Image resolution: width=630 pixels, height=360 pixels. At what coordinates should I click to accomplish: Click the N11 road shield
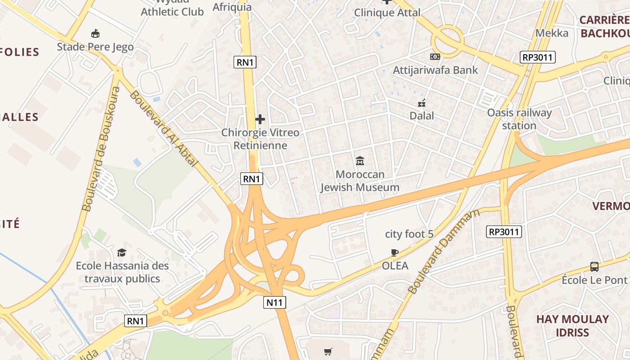point(274,302)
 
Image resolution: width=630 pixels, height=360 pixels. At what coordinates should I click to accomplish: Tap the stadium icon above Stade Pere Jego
point(95,33)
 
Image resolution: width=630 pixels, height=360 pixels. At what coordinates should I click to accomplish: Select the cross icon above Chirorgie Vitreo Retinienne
point(260,119)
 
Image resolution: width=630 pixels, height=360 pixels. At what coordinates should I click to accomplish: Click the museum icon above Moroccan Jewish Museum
point(360,161)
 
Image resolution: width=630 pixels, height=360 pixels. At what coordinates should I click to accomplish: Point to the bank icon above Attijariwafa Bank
point(435,57)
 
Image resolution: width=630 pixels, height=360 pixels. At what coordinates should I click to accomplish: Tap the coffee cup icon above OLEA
point(395,252)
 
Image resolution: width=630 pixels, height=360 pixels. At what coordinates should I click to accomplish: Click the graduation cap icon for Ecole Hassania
point(121,252)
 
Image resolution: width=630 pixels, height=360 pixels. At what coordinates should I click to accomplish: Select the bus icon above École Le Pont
point(594,266)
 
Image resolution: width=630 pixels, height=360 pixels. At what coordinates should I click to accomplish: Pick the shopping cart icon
point(328,351)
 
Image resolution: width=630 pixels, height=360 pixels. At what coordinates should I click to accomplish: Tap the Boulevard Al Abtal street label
point(164,128)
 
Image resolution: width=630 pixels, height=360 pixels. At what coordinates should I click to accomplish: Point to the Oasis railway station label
point(519,119)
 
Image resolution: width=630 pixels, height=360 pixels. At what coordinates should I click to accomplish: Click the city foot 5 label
point(409,234)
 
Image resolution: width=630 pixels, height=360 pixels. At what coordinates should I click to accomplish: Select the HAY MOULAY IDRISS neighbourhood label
point(572,326)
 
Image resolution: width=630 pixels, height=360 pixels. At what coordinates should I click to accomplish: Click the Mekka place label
point(552,33)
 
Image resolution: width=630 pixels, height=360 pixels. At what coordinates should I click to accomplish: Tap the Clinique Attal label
point(387,13)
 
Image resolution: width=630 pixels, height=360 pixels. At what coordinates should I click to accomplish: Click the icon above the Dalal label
point(422,103)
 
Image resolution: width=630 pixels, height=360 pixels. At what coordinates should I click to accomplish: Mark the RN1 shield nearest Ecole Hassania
point(135,321)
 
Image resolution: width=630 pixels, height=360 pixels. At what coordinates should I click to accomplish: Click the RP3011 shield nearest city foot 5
point(504,232)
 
